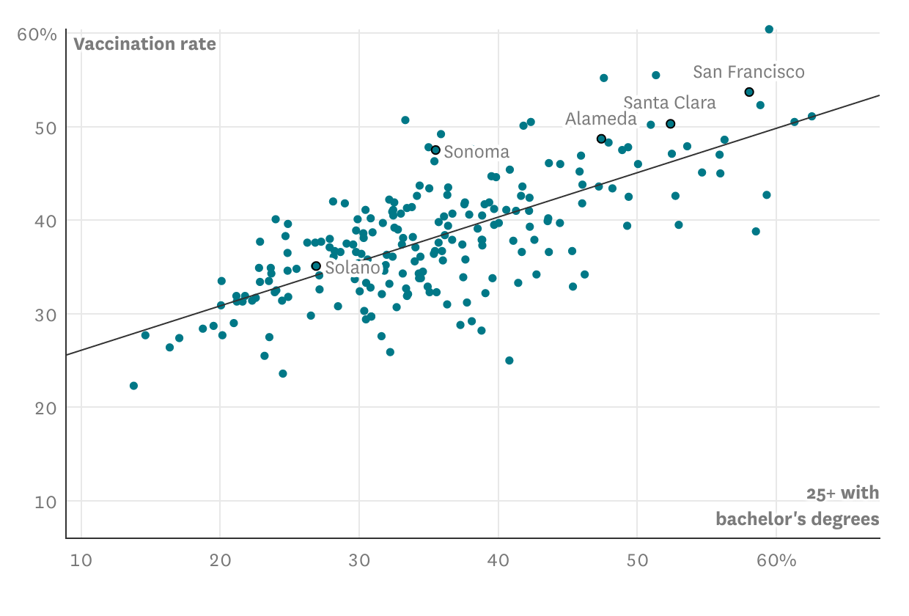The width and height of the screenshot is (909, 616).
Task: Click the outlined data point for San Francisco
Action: (x=749, y=92)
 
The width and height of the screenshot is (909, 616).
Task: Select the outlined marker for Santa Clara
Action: (x=670, y=124)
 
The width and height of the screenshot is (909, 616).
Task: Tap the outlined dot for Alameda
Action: (x=601, y=139)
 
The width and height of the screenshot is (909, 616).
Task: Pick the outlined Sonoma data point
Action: (x=435, y=150)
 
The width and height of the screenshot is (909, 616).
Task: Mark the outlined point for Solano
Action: (x=316, y=266)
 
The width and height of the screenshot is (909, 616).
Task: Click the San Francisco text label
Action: (x=748, y=72)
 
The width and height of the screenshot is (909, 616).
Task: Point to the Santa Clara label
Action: (x=669, y=103)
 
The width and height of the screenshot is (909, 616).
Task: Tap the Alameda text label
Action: (x=600, y=119)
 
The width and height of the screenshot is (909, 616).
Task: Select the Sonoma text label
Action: (x=476, y=152)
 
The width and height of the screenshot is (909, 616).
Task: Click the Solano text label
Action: (x=350, y=268)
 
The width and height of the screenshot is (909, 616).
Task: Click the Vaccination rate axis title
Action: (x=144, y=44)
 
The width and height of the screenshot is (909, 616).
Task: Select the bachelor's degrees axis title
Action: (x=797, y=519)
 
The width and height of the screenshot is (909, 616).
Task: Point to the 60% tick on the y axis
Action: (x=37, y=34)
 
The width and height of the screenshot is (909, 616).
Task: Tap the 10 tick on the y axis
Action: (x=45, y=502)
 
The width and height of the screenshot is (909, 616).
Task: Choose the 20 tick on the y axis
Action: (x=45, y=408)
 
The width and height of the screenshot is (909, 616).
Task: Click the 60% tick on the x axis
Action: (x=776, y=561)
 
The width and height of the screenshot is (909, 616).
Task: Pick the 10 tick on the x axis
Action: (x=81, y=561)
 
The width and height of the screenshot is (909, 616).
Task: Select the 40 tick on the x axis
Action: (x=498, y=561)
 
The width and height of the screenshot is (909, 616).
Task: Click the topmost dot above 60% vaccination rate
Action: (x=769, y=29)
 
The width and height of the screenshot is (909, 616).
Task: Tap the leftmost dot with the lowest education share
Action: (x=133, y=386)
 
